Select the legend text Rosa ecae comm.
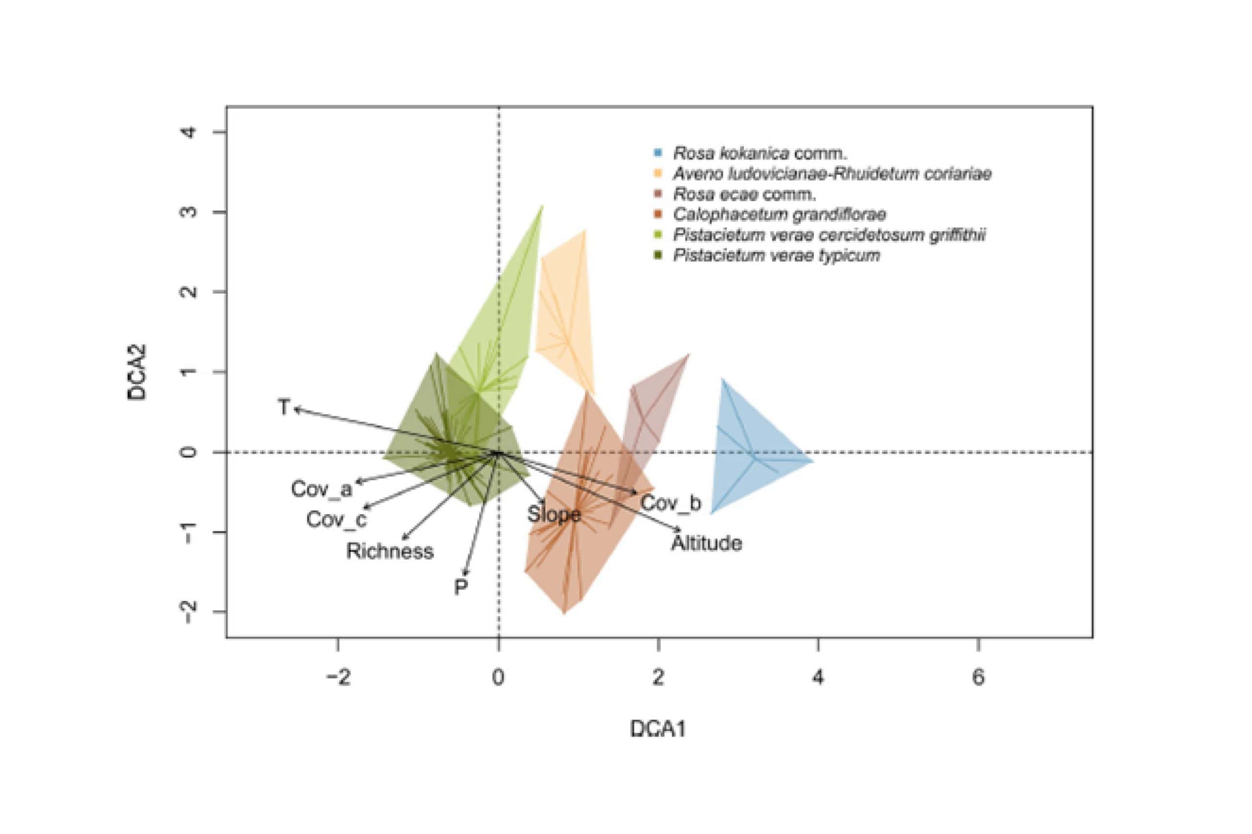coord(744,194)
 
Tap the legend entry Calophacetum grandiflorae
coord(779,214)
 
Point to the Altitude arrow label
coord(706,543)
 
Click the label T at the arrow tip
coord(284,407)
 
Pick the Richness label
coord(390,551)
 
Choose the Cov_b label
coord(671,503)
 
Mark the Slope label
coord(554,514)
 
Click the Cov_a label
coord(321,489)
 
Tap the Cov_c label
coord(336,519)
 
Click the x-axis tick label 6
coord(979,677)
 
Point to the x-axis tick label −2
coord(338,677)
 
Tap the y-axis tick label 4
coord(189,132)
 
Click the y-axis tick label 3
coord(189,212)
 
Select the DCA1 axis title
coord(658,728)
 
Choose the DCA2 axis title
coord(137,372)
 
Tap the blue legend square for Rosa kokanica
coord(658,153)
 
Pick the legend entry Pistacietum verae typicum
coord(776,256)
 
